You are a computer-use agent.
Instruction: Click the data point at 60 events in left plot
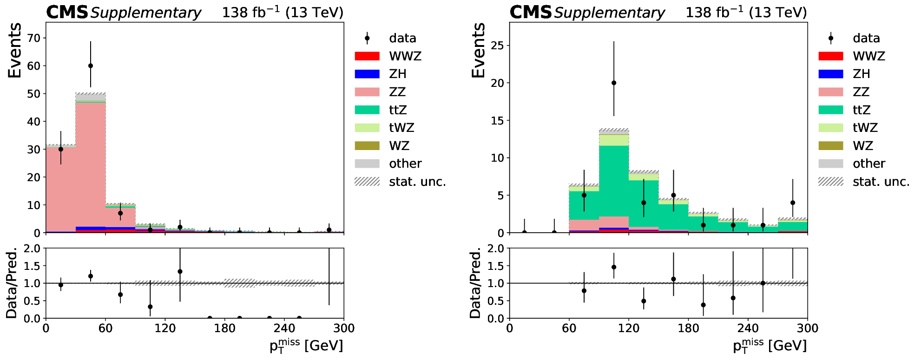point(91,66)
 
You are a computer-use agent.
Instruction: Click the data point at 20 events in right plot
point(614,83)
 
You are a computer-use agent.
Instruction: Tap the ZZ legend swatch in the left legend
point(367,92)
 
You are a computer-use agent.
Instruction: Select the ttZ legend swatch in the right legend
point(831,110)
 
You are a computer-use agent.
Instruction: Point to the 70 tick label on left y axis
point(34,38)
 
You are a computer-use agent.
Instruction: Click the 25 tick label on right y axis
point(498,46)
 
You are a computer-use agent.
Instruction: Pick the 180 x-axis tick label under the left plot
point(224,328)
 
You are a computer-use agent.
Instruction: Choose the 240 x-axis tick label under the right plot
point(748,328)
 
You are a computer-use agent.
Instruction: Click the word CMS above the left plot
point(67,13)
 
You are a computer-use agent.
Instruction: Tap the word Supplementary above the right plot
point(609,13)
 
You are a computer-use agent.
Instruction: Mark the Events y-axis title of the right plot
point(478,50)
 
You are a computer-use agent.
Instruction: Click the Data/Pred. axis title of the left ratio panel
point(12,283)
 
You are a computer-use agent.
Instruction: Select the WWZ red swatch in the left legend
point(367,56)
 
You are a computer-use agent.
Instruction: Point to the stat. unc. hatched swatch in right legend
point(831,182)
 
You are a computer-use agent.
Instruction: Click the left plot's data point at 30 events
point(61,149)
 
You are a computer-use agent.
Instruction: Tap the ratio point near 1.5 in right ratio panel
point(614,267)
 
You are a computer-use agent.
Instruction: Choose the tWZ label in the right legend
point(865,128)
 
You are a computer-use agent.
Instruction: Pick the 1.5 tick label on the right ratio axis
point(495,266)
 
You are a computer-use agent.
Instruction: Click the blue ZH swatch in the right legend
point(831,74)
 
